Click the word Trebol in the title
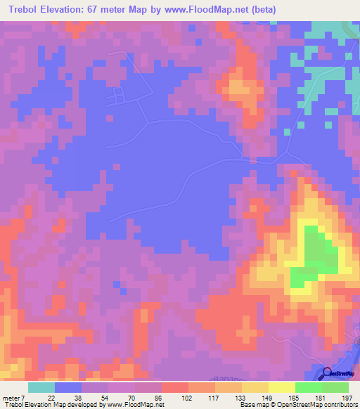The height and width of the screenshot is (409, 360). pyautogui.click(x=25, y=9)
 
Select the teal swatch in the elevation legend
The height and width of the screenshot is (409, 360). pyautogui.click(x=41, y=387)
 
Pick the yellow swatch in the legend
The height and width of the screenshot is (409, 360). pyautogui.click(x=282, y=387)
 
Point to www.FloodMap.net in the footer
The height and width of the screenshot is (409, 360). pyautogui.click(x=134, y=405)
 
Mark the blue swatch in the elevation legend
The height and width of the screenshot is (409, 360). pyautogui.click(x=68, y=387)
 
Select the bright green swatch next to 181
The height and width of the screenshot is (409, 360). pyautogui.click(x=309, y=387)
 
